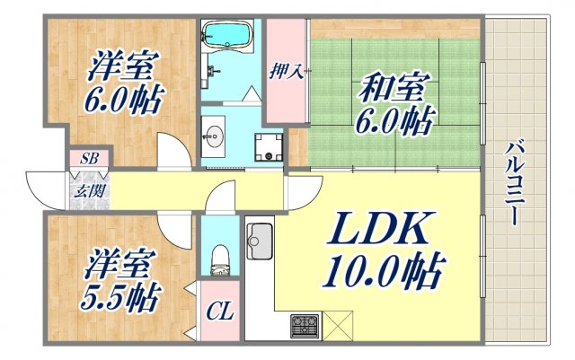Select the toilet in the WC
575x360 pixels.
tap(217, 261)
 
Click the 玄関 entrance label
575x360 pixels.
tap(87, 189)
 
